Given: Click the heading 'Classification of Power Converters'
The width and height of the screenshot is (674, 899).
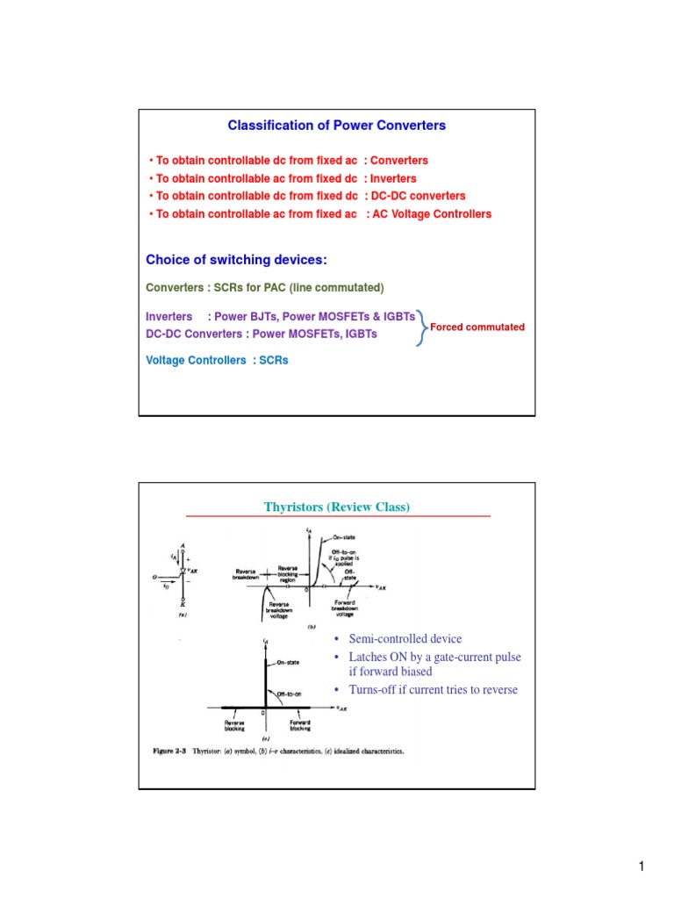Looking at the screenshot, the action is pyautogui.click(x=336, y=126).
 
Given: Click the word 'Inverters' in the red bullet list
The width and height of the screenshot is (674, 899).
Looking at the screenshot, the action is pyautogui.click(x=393, y=179).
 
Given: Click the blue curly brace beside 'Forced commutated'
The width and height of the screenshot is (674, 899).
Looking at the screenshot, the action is pyautogui.click(x=422, y=327).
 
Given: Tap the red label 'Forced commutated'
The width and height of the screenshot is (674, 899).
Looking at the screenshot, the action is pyautogui.click(x=477, y=327).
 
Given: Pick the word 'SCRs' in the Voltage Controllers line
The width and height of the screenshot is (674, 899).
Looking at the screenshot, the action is pyautogui.click(x=273, y=360).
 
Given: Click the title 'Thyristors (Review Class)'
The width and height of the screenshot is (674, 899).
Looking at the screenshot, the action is pyautogui.click(x=337, y=507).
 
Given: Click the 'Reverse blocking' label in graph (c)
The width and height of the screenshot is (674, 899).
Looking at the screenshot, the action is pyautogui.click(x=234, y=725).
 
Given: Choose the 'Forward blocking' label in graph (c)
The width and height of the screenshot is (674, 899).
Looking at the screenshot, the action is pyautogui.click(x=298, y=725).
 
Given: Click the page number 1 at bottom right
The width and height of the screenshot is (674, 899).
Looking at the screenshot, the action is pyautogui.click(x=642, y=868).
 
